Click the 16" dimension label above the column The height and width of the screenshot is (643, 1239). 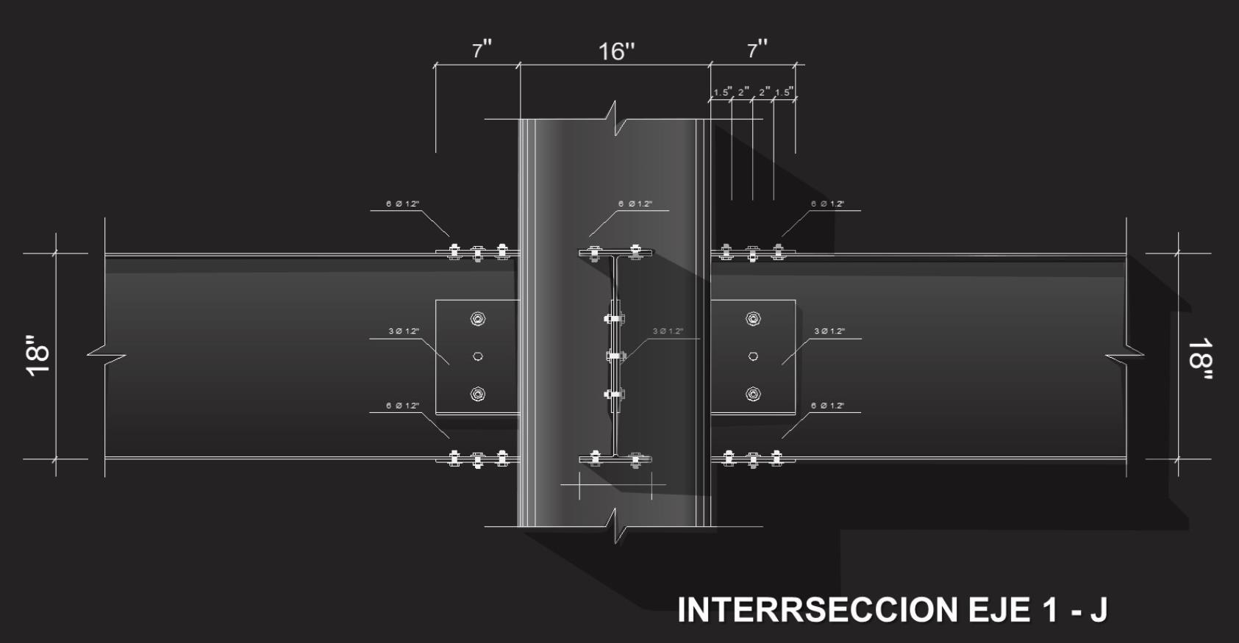[616, 51]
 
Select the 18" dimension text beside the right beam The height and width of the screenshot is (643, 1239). [1199, 359]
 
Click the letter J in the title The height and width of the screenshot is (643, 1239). [1098, 610]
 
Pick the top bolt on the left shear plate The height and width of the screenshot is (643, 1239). [478, 319]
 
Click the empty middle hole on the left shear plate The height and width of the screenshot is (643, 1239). [478, 356]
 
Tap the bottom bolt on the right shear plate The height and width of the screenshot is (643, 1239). [753, 394]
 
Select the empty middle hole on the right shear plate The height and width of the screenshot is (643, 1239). [753, 356]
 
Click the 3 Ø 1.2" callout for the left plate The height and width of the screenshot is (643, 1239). [404, 331]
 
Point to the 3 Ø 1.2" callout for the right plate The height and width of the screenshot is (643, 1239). [829, 331]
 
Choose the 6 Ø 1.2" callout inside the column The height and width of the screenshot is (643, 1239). [635, 204]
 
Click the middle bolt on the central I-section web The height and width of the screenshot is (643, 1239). [615, 356]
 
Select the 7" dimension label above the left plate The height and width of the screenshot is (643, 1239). [482, 50]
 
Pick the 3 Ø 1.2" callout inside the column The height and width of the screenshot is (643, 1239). [668, 331]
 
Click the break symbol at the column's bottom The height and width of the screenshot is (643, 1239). [616, 526]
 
